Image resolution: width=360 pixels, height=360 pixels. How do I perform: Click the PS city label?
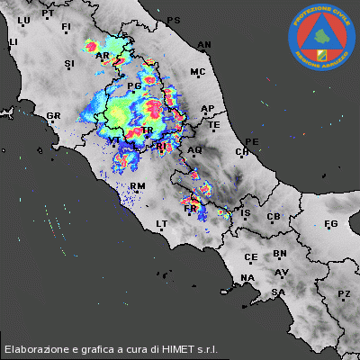click(174, 20)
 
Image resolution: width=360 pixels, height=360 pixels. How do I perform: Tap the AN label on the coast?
click(204, 44)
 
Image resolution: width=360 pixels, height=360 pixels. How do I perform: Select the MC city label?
click(198, 71)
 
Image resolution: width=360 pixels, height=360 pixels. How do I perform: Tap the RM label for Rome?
click(138, 186)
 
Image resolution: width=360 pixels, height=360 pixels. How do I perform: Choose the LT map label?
click(163, 223)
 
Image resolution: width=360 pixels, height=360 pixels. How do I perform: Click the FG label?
click(330, 223)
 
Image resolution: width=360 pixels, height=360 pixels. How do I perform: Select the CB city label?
click(274, 217)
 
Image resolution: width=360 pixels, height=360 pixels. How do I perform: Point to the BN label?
click(280, 255)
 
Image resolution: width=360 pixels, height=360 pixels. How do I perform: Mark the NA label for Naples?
click(247, 276)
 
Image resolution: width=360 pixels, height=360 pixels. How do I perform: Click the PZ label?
click(343, 294)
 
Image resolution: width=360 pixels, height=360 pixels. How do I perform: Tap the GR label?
click(53, 116)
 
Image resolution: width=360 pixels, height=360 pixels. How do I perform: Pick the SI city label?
click(69, 64)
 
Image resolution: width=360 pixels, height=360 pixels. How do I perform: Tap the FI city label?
click(66, 28)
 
